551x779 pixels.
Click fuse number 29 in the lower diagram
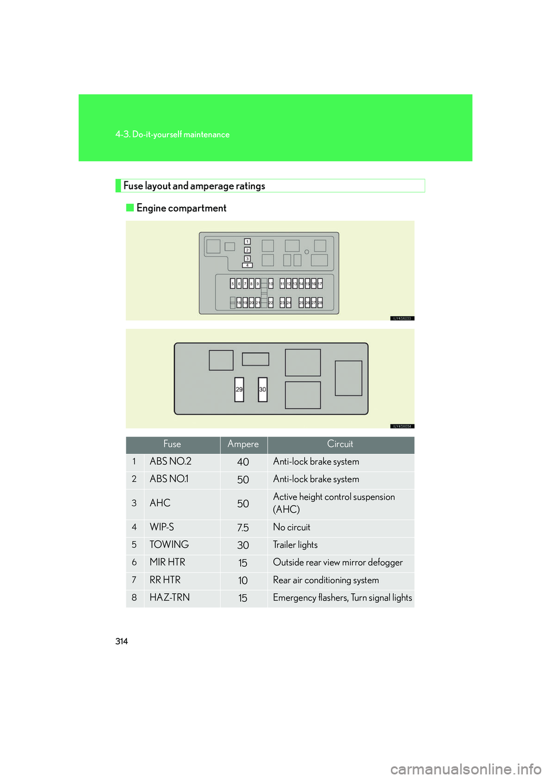(x=239, y=389)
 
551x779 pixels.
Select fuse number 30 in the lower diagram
(x=262, y=389)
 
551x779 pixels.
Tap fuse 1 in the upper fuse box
(x=247, y=242)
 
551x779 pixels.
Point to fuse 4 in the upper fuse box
(x=247, y=265)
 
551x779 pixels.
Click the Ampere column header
(x=243, y=445)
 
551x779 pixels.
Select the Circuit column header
(x=340, y=445)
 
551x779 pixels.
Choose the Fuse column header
(x=172, y=445)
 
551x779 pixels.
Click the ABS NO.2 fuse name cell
(x=170, y=462)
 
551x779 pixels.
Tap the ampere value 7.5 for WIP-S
(x=243, y=528)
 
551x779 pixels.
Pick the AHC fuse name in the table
(x=160, y=503)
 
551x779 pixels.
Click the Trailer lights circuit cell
(x=296, y=545)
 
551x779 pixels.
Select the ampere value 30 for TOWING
(x=243, y=546)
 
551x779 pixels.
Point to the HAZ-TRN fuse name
(x=170, y=598)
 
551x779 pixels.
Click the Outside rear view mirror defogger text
(x=338, y=563)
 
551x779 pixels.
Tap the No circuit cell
(x=292, y=528)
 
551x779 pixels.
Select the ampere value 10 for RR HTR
(x=243, y=581)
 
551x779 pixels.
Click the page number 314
(x=122, y=641)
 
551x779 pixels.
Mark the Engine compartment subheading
(x=181, y=208)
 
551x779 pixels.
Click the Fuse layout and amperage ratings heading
(x=194, y=186)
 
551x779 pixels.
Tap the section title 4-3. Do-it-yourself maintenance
(x=172, y=135)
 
